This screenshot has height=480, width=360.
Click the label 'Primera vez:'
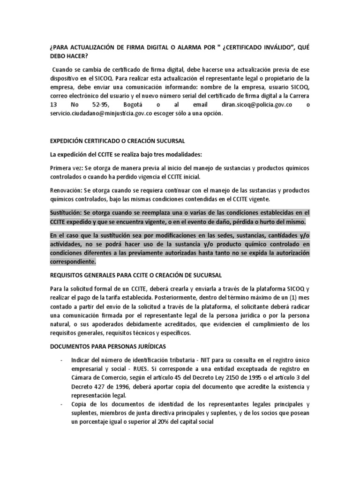click(67, 168)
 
